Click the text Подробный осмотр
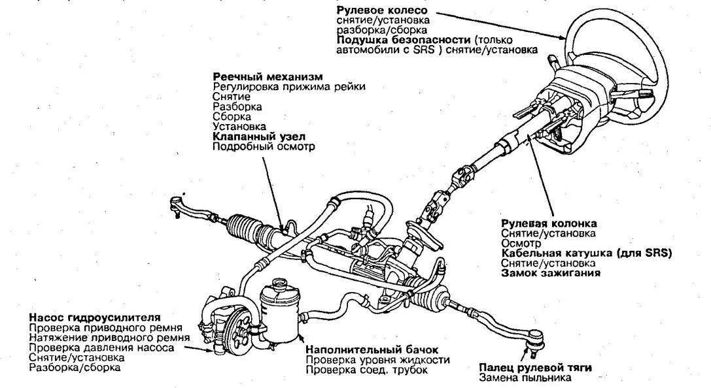[264, 146]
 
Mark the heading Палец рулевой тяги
[522, 367]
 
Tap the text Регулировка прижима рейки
[288, 86]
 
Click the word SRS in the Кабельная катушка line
[655, 253]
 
